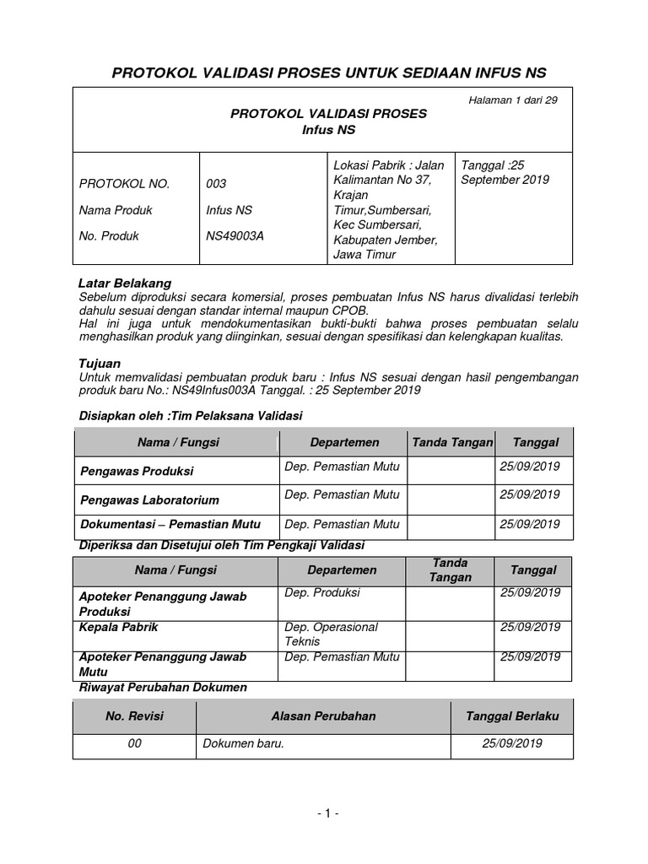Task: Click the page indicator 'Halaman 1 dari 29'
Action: click(512, 100)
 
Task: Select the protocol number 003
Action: click(216, 184)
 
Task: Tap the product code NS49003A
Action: click(235, 236)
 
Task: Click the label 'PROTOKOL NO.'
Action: click(124, 184)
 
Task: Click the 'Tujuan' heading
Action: click(100, 363)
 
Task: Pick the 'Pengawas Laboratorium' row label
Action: click(149, 499)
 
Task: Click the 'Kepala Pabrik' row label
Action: click(118, 628)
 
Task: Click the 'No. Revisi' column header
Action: click(134, 716)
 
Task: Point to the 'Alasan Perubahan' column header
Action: click(323, 716)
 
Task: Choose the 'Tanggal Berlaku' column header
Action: click(512, 716)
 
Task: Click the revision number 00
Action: click(134, 744)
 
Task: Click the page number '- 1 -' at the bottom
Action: click(327, 813)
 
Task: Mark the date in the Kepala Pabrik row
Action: click(530, 627)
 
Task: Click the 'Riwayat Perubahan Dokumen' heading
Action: click(163, 688)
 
